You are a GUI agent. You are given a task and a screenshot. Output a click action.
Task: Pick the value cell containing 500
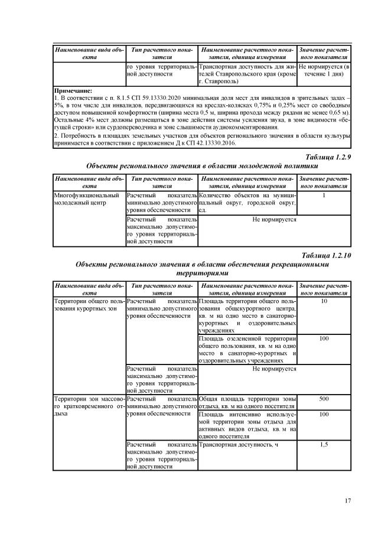pos(324,399)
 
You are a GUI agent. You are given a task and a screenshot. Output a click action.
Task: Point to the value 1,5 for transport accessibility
pos(324,444)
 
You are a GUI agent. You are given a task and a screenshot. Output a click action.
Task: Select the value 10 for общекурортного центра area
pos(324,302)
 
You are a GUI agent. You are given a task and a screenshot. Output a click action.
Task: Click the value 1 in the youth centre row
pos(324,194)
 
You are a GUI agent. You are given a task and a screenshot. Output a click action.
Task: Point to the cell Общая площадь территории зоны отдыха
pos(247,403)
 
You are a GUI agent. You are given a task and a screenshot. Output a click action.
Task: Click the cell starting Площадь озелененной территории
pos(247,349)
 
